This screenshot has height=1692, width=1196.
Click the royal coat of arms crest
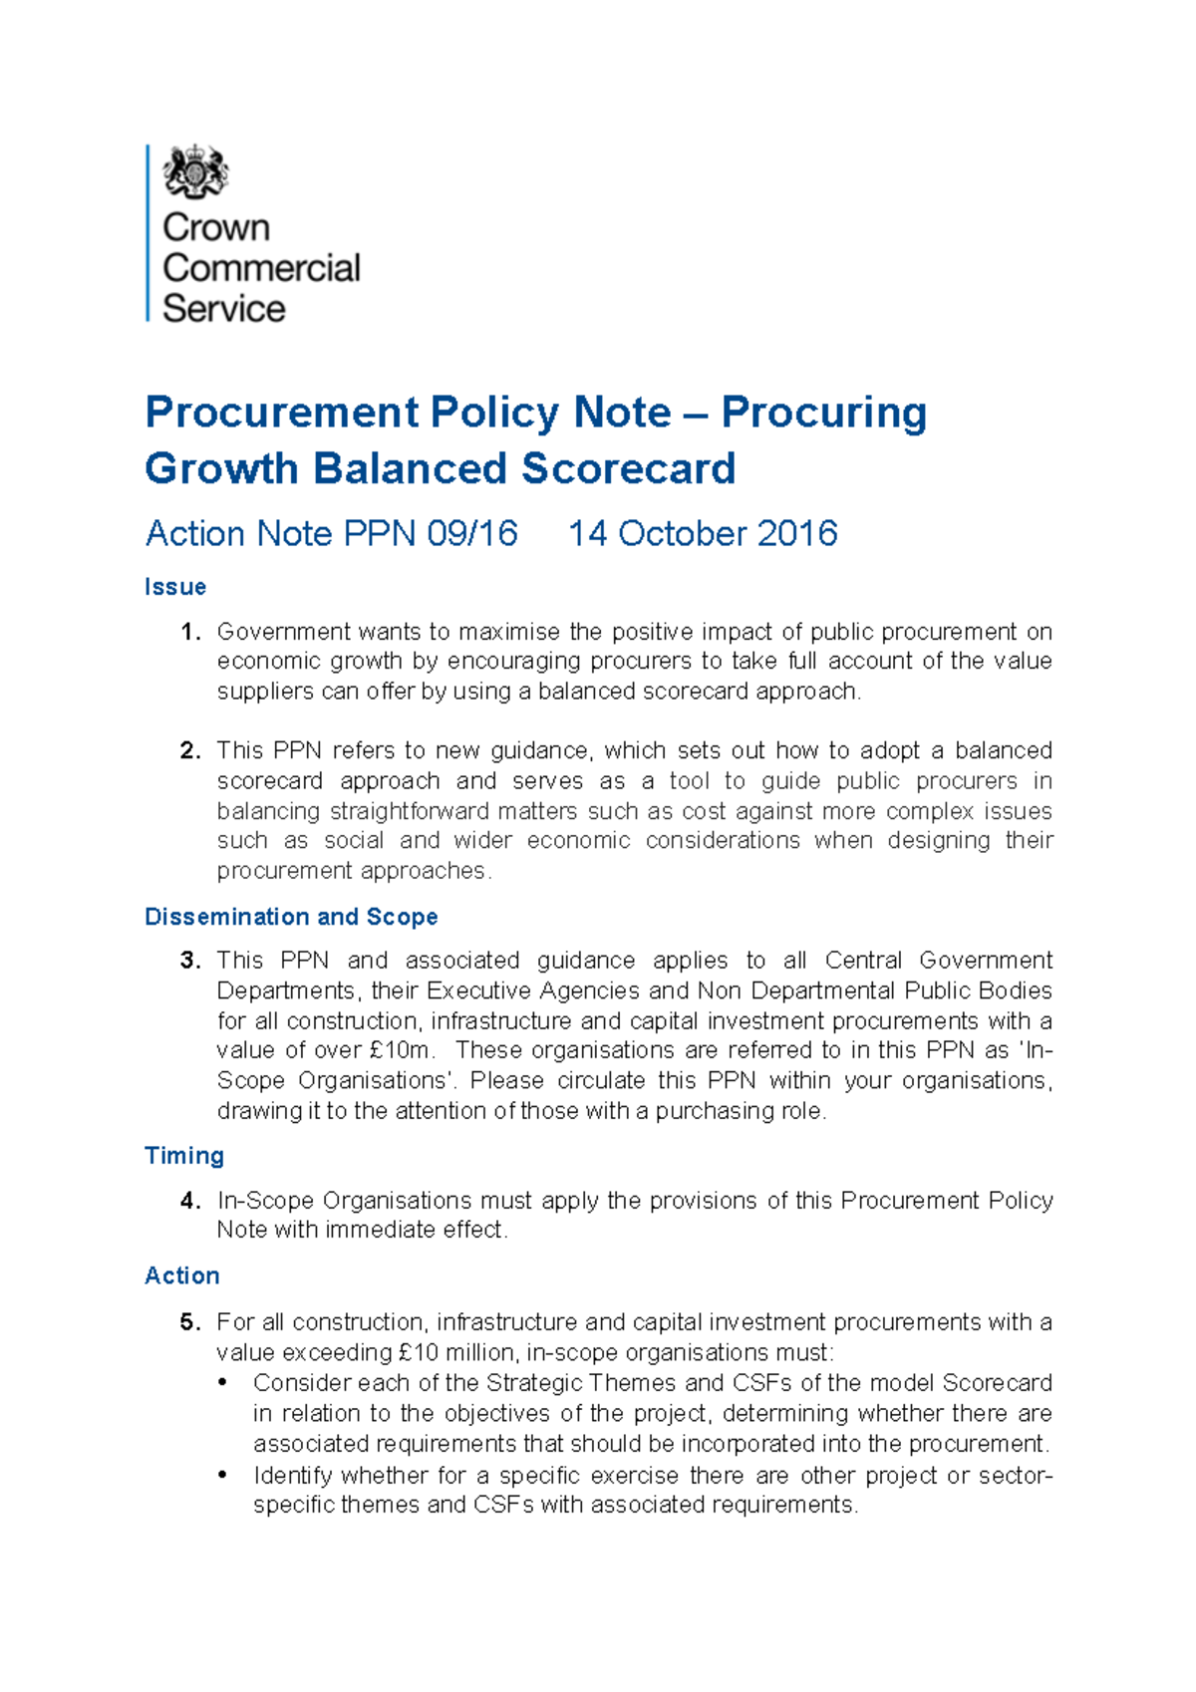pyautogui.click(x=195, y=171)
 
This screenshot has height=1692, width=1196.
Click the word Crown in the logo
pyautogui.click(x=215, y=227)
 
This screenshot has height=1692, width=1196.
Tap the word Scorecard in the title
pyautogui.click(x=628, y=468)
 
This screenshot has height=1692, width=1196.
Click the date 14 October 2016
pyautogui.click(x=702, y=533)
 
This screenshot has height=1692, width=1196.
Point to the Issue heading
pyautogui.click(x=175, y=587)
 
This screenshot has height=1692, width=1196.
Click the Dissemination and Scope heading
pyautogui.click(x=291, y=917)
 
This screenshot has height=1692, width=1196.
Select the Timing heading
pyautogui.click(x=184, y=1156)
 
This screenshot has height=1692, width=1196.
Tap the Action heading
pyautogui.click(x=182, y=1275)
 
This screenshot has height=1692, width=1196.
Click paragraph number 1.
pyautogui.click(x=190, y=632)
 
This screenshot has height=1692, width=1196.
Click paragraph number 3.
pyautogui.click(x=190, y=961)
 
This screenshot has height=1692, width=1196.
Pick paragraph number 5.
pyautogui.click(x=190, y=1322)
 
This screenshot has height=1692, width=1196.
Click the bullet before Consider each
pyautogui.click(x=223, y=1383)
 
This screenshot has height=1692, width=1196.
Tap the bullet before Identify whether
pyautogui.click(x=223, y=1475)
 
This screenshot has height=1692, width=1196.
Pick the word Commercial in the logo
pyautogui.click(x=261, y=268)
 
